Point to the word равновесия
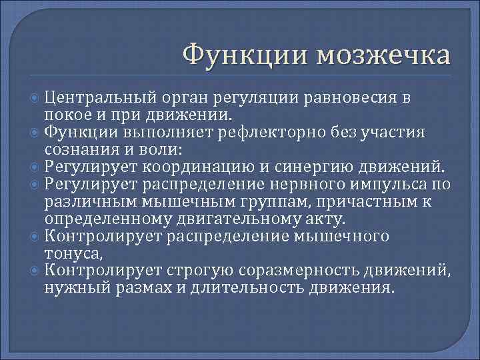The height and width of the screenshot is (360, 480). click(353, 99)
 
